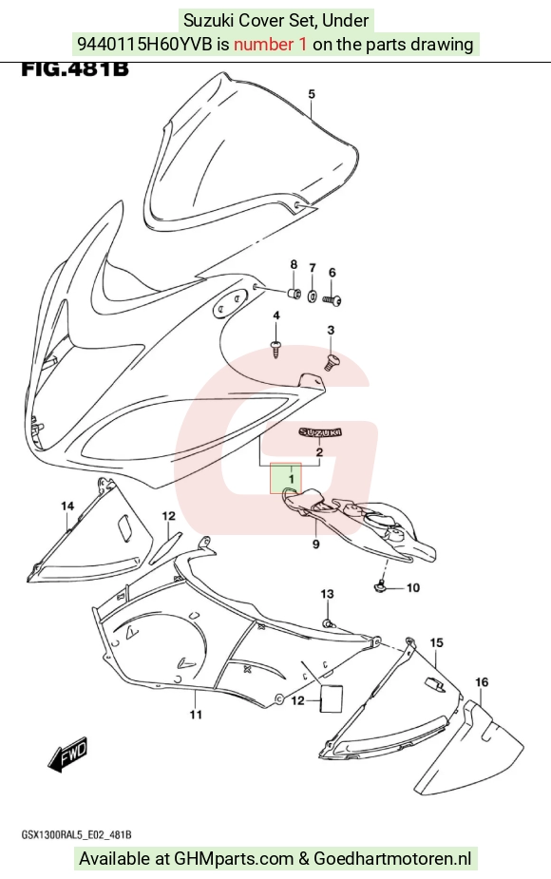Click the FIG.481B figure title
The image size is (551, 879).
(x=74, y=69)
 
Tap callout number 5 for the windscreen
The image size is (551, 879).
(x=312, y=94)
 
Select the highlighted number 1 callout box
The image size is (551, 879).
(x=286, y=478)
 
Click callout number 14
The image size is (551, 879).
(x=67, y=506)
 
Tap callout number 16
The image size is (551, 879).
(x=482, y=682)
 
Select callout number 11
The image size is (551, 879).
(x=195, y=715)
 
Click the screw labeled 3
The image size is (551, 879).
(x=332, y=362)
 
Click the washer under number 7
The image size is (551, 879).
(x=313, y=294)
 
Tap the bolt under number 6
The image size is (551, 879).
(x=332, y=300)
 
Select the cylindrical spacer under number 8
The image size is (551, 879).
(x=294, y=294)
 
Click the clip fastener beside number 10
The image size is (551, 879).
(x=379, y=587)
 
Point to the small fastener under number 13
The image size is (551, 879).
(x=329, y=622)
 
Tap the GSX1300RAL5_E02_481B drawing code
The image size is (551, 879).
(x=77, y=835)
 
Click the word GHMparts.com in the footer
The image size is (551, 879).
(x=234, y=859)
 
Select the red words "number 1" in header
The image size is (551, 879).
(x=270, y=44)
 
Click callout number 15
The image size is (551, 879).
(x=437, y=643)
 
